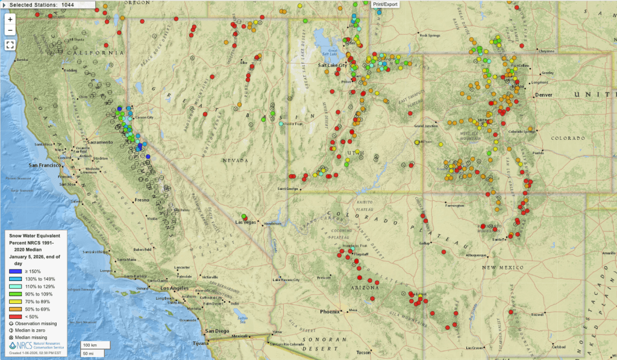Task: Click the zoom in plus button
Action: pos(10,19)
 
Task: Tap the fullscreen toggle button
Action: pos(10,44)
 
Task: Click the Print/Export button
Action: pos(386,4)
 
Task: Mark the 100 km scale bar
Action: pos(95,345)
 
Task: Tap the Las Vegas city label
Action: pos(245,223)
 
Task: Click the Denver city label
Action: pos(544,95)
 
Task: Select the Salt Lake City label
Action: pos(333,65)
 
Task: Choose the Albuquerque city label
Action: pos(462,255)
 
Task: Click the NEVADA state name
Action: pos(234,161)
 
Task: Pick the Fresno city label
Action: pos(143,200)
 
